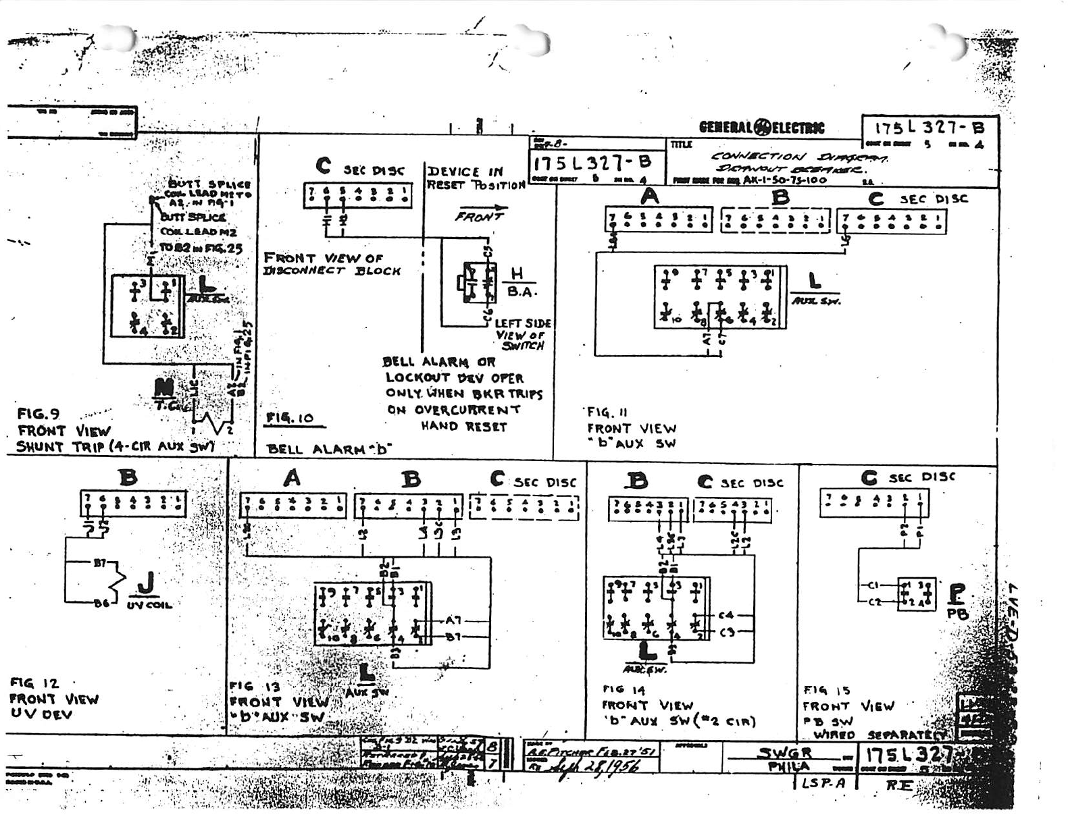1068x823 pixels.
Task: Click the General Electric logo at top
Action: point(761,128)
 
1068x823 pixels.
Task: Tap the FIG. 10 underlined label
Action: point(290,419)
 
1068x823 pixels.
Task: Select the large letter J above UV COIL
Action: point(146,583)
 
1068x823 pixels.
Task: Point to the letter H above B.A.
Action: point(517,273)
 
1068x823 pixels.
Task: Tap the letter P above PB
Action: point(957,593)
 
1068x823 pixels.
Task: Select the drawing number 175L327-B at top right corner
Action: point(929,128)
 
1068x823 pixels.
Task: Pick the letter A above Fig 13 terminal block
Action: point(292,478)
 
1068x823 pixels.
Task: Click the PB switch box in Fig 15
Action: point(916,594)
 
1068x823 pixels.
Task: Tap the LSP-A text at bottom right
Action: point(823,783)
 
